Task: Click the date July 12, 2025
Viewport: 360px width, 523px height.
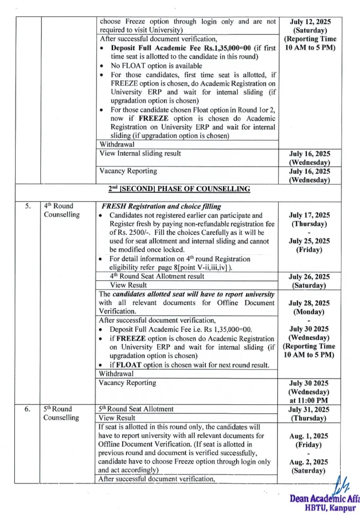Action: pos(310,22)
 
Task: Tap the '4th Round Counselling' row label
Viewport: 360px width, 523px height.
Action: pos(62,210)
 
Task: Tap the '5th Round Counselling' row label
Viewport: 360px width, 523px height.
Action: pos(62,413)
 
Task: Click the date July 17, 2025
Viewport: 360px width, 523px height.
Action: pos(310,215)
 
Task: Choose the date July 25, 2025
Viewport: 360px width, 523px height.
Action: pos(310,241)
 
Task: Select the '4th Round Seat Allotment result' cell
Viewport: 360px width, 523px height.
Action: pos(157,276)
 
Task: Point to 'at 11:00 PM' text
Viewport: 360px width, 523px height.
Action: pos(310,401)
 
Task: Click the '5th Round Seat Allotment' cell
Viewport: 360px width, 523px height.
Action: pos(136,409)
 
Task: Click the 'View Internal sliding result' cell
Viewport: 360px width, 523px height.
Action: pos(140,153)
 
